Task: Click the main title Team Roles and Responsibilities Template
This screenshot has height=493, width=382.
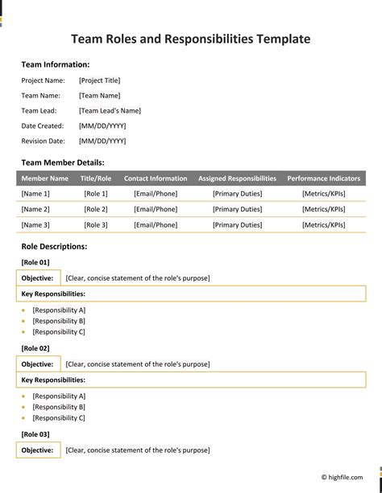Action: click(x=190, y=39)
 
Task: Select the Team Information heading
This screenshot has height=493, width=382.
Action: click(x=56, y=64)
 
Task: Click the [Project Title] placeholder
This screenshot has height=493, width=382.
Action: click(x=100, y=80)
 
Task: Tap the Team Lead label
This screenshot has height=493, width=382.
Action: click(x=39, y=110)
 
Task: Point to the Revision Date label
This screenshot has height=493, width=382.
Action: click(x=43, y=141)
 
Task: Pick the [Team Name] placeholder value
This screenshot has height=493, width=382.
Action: click(x=100, y=95)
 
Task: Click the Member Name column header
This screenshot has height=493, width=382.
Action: click(x=45, y=179)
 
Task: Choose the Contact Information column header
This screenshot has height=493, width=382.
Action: click(x=156, y=179)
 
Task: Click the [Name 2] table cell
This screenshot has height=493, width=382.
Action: click(x=35, y=209)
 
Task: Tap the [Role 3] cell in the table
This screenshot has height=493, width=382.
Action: click(x=95, y=224)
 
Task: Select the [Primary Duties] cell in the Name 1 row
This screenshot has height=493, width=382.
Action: click(x=237, y=194)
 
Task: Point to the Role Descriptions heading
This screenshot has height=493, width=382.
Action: click(x=54, y=247)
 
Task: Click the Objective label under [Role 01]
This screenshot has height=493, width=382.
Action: click(x=37, y=277)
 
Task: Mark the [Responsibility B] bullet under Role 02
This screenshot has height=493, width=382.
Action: click(x=59, y=407)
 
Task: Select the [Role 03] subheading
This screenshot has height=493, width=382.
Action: click(x=35, y=434)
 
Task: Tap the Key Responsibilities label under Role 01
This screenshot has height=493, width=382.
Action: click(x=53, y=294)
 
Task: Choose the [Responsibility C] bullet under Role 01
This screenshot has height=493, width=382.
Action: click(x=59, y=331)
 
